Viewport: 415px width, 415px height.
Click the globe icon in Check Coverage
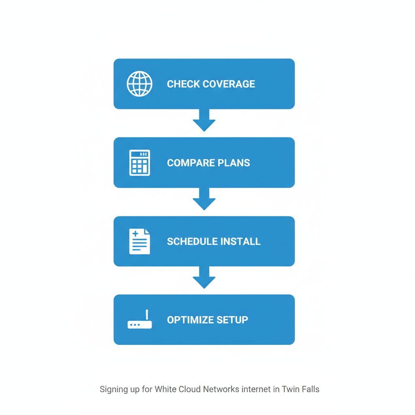139,84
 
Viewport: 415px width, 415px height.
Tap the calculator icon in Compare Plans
139,163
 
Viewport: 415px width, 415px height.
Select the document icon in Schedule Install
139,242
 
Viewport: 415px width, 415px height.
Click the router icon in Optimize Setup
139,323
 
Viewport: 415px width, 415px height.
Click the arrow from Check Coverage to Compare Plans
204,121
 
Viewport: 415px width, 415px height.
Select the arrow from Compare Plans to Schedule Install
204,199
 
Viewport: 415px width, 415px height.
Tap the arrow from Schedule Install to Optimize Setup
204,278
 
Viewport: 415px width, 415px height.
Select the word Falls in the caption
310,389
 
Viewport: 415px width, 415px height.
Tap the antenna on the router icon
147,315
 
